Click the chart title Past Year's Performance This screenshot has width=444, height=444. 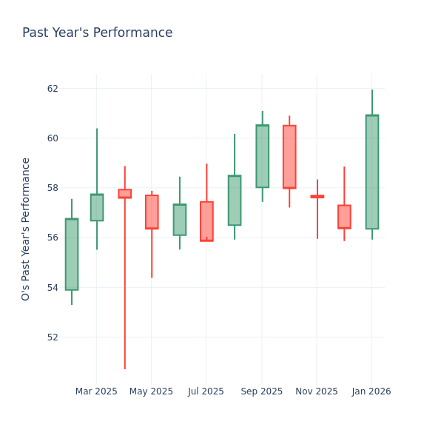pyautogui.click(x=97, y=33)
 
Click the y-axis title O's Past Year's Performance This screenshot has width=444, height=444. pyautogui.click(x=26, y=229)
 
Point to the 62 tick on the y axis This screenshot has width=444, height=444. pyautogui.click(x=53, y=89)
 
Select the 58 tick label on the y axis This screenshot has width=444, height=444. pyautogui.click(x=53, y=188)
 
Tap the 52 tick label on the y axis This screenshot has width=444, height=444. pyautogui.click(x=53, y=337)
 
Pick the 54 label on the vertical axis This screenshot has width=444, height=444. pyautogui.click(x=53, y=287)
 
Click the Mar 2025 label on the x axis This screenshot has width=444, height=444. pyautogui.click(x=96, y=391)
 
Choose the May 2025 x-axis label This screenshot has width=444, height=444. pyautogui.click(x=151, y=391)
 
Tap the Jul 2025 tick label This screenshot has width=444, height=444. pyautogui.click(x=206, y=391)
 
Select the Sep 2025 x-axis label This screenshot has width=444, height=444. pyautogui.click(x=261, y=391)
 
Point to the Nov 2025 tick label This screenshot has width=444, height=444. pyautogui.click(x=317, y=391)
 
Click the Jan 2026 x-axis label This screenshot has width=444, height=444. pyautogui.click(x=371, y=391)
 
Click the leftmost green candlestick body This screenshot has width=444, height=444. pyautogui.click(x=72, y=254)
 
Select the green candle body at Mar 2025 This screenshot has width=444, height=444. pyautogui.click(x=97, y=207)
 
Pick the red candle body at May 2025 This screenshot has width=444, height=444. pyautogui.click(x=152, y=212)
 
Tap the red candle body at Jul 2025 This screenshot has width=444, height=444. pyautogui.click(x=206, y=221)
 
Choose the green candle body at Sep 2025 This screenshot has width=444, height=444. pyautogui.click(x=262, y=156)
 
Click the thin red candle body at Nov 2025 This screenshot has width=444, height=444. pyautogui.click(x=317, y=196)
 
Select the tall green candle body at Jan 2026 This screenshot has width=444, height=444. pyautogui.click(x=371, y=172)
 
